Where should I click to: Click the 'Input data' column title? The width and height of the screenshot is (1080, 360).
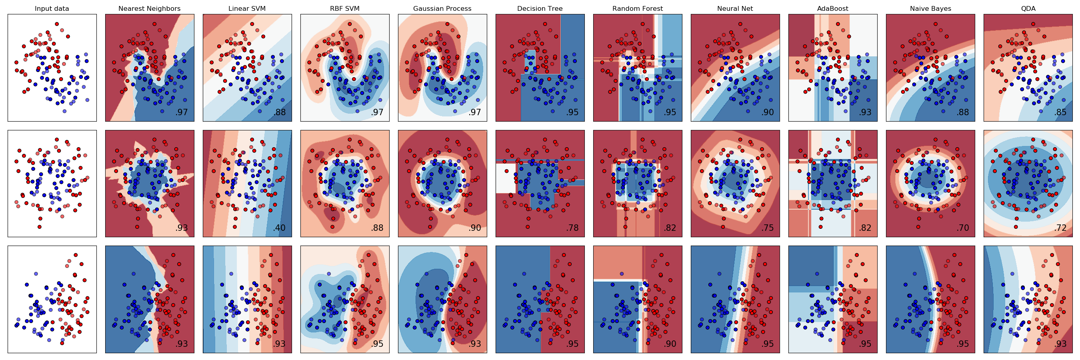click(52, 8)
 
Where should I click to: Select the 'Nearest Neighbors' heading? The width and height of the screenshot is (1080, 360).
click(149, 8)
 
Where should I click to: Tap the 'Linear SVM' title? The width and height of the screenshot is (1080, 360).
click(247, 8)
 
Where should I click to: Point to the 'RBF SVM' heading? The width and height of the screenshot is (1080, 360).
click(345, 8)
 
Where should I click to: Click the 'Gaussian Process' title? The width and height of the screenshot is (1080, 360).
click(442, 8)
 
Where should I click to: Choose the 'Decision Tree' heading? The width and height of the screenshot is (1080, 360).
click(540, 8)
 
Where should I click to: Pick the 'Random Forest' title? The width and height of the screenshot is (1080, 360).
click(638, 8)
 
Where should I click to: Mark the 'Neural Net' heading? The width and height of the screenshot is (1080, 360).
click(735, 8)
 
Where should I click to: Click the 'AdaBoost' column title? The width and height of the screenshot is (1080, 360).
click(833, 8)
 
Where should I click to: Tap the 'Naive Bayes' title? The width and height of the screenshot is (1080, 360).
click(930, 8)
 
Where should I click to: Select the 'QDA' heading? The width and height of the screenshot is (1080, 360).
click(1028, 8)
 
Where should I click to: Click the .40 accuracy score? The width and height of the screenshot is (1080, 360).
click(279, 228)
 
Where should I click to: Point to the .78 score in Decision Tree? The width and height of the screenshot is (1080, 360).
click(572, 228)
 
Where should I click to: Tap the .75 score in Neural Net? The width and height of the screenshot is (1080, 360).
click(768, 228)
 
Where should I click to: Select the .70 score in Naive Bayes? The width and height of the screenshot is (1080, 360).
click(963, 228)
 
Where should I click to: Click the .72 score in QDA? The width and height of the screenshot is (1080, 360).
click(1060, 228)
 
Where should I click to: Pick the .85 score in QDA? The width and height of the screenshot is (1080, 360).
click(1060, 112)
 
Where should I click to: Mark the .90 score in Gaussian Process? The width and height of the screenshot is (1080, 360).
click(474, 228)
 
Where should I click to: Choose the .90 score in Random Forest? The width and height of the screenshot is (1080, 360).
click(670, 344)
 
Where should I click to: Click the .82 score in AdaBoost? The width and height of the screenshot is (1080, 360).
click(865, 228)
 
